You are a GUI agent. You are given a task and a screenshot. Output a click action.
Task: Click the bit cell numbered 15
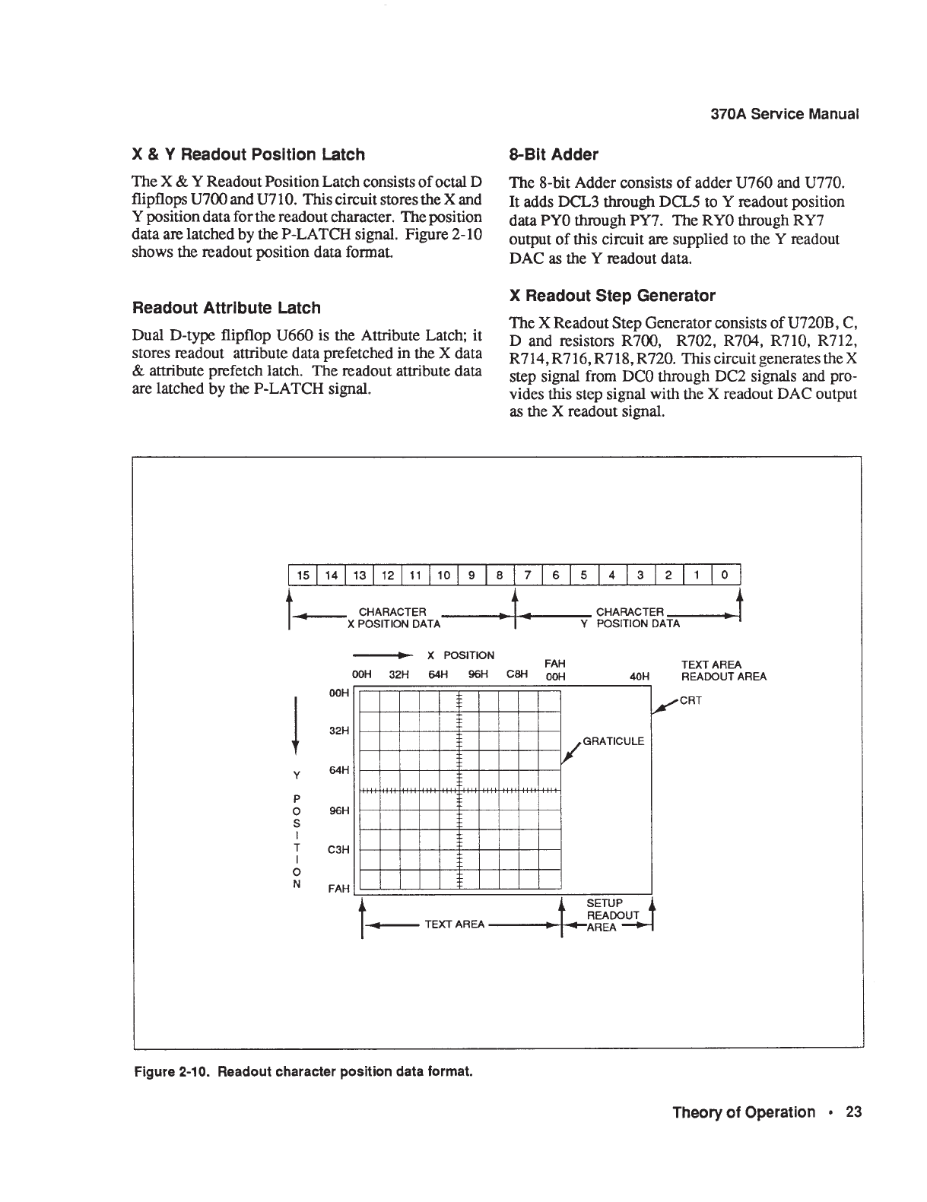pyautogui.click(x=303, y=576)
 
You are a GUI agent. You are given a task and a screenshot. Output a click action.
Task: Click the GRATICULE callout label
pyautogui.click(x=613, y=741)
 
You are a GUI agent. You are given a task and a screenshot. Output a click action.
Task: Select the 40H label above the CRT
pyautogui.click(x=640, y=676)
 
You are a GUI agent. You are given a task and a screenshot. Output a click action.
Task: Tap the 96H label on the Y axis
pyautogui.click(x=338, y=810)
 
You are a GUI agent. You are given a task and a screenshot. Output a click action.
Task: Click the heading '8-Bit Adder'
pyautogui.click(x=553, y=154)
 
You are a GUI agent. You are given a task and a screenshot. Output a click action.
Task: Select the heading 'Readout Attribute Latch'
pyautogui.click(x=226, y=308)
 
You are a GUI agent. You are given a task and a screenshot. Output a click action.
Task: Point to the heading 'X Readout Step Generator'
pyautogui.click(x=611, y=295)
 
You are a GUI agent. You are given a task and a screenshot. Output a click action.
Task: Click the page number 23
pyautogui.click(x=853, y=1112)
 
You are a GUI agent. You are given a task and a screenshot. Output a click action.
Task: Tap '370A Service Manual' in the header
pyautogui.click(x=784, y=114)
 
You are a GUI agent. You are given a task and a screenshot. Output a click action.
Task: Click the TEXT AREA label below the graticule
pyautogui.click(x=455, y=924)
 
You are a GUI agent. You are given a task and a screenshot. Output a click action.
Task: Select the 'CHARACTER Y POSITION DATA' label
pyautogui.click(x=630, y=617)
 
